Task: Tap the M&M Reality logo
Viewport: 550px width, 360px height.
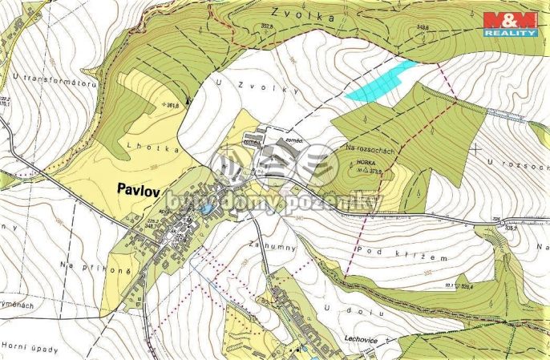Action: [510, 24]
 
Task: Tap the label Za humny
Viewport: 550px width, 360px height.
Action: [268, 243]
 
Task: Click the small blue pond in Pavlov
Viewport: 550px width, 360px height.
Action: [207, 210]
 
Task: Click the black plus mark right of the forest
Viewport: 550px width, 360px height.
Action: [477, 148]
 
